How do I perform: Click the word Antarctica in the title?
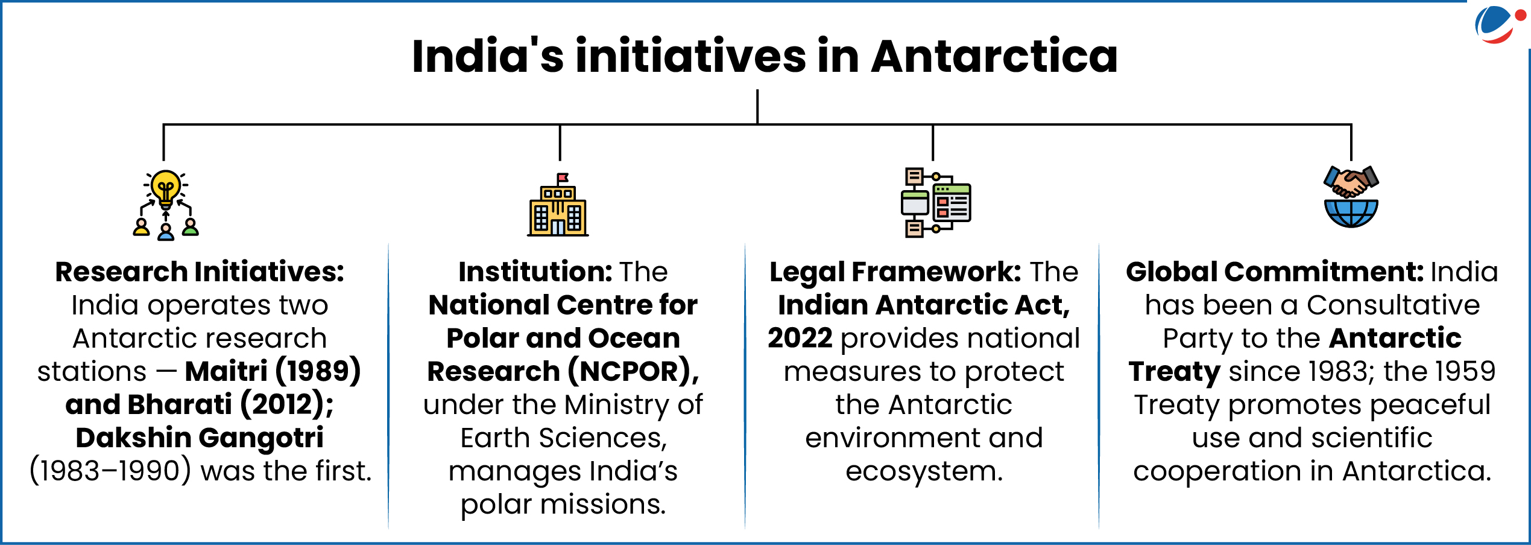(x=994, y=56)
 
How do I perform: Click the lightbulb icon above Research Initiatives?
(x=166, y=188)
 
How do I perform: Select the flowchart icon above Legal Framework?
(x=935, y=202)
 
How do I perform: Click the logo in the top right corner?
(x=1496, y=24)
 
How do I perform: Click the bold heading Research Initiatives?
(x=200, y=272)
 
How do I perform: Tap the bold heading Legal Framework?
(x=895, y=272)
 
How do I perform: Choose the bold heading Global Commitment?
(x=1274, y=272)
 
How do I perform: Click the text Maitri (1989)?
(x=273, y=372)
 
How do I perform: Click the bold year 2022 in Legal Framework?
(x=800, y=339)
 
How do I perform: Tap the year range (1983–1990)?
(x=110, y=471)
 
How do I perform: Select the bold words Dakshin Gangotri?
(x=200, y=438)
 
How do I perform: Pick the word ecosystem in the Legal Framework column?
(x=924, y=471)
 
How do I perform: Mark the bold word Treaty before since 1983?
(x=1174, y=372)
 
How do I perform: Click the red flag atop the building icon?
(x=563, y=177)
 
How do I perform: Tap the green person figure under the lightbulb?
(x=191, y=228)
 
